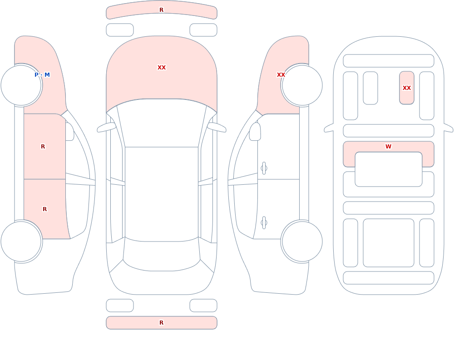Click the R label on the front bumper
[x=161, y=10]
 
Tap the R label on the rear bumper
[x=161, y=323]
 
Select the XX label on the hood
[x=162, y=68]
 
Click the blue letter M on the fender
[x=47, y=75]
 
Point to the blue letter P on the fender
[x=36, y=75]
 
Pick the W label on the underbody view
[x=388, y=147]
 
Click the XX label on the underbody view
[x=406, y=88]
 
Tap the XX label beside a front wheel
[x=281, y=75]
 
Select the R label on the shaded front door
[x=43, y=147]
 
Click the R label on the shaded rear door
[x=44, y=209]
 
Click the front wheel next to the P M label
[x=21, y=85]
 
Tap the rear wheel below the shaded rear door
[x=21, y=241]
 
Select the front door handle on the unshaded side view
[x=264, y=168]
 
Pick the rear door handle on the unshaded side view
[x=264, y=223]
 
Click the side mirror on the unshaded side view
[x=255, y=132]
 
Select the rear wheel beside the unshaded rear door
[x=302, y=241]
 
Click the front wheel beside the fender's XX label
[x=302, y=85]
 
